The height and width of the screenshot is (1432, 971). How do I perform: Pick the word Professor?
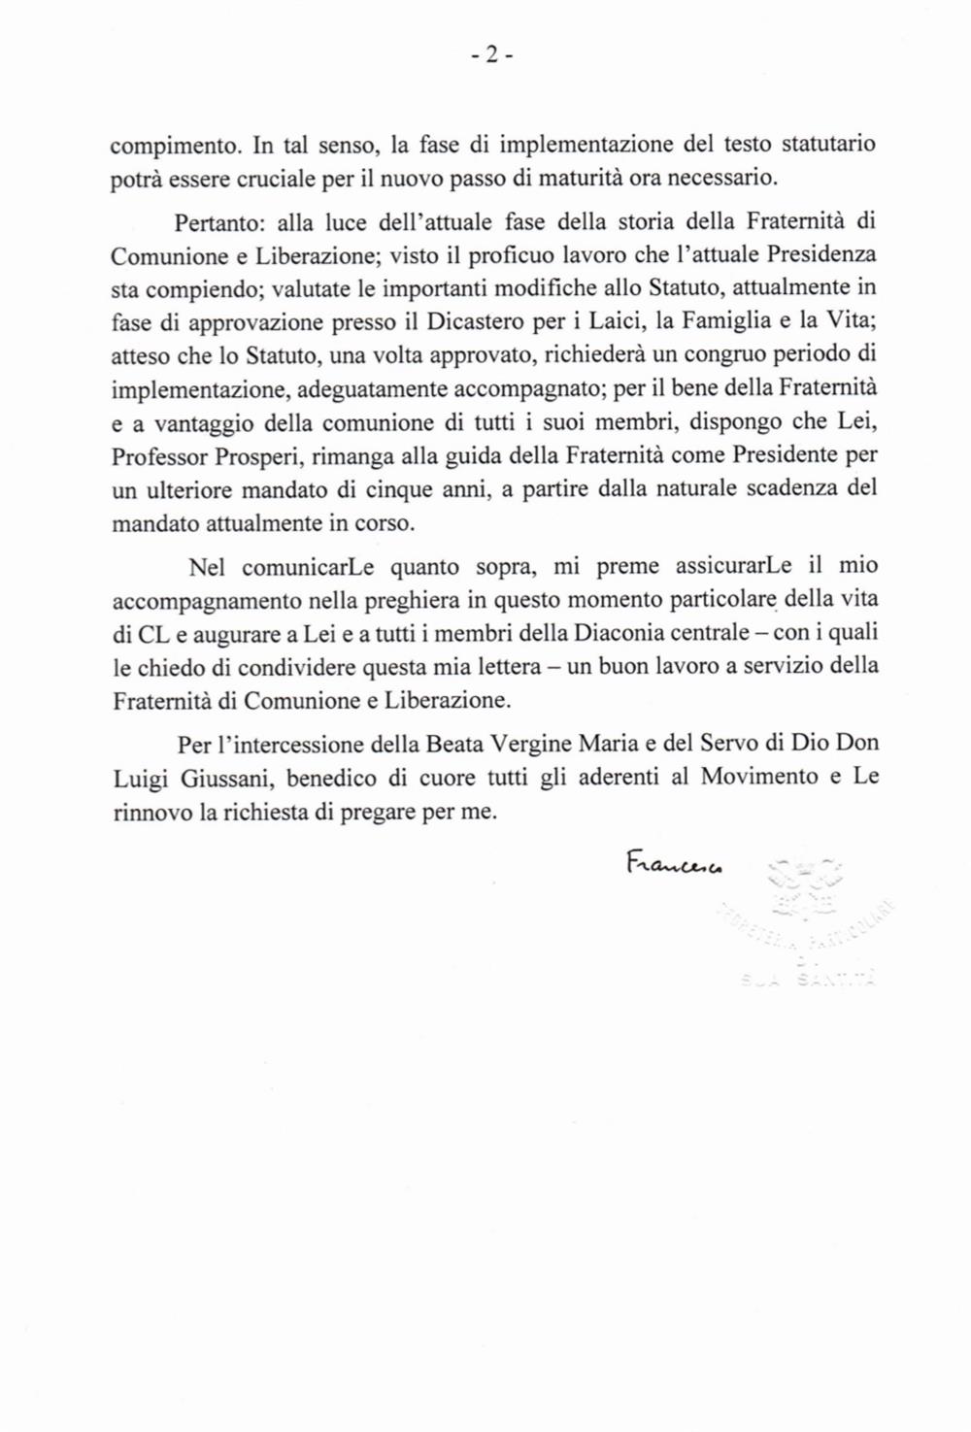(x=154, y=456)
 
